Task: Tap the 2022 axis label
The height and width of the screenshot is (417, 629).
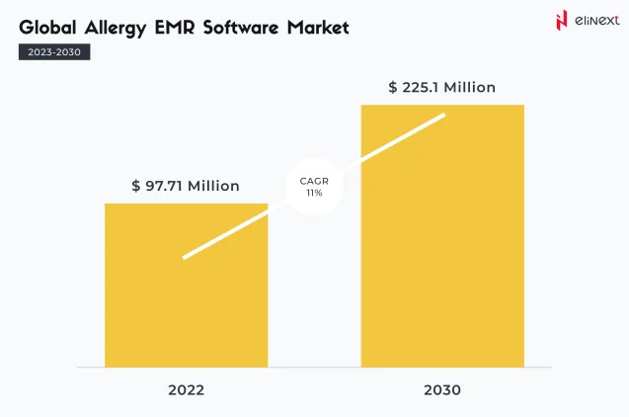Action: coord(186,390)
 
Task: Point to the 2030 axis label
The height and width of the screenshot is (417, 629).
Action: coord(441,390)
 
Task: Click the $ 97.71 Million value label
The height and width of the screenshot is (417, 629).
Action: coord(186,186)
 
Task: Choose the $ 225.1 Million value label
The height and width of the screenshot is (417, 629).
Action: coord(441,87)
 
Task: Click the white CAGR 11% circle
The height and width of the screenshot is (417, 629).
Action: coord(314,187)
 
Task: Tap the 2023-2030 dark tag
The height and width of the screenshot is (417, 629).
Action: coord(54,52)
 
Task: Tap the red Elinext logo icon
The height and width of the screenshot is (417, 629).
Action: coord(534,21)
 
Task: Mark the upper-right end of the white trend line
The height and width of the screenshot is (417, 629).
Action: coord(443,115)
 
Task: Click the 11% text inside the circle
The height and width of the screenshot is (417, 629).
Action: coord(314,194)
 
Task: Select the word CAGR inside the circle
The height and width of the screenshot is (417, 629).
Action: coord(314,181)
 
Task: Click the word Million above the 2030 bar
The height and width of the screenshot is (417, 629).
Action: coord(469,87)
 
